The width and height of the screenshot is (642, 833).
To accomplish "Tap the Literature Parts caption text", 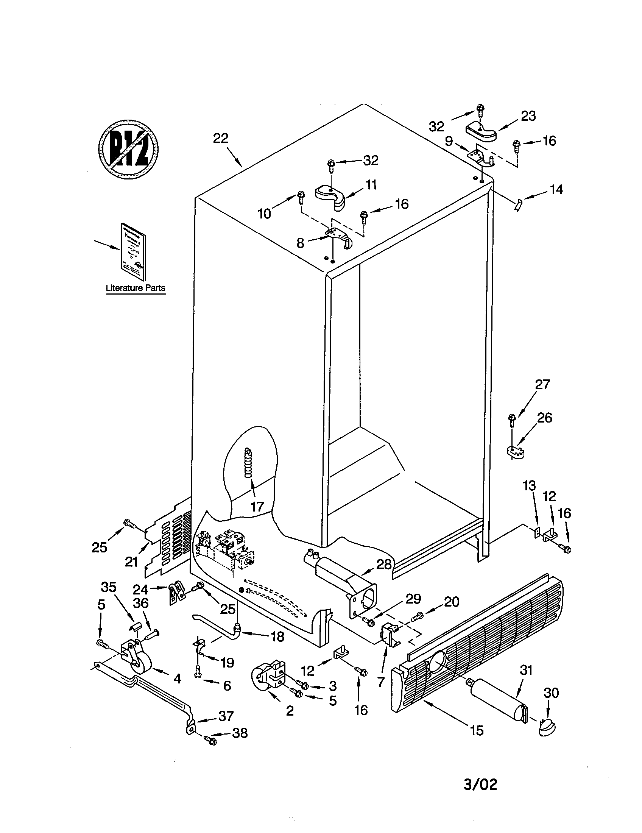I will pos(136,288).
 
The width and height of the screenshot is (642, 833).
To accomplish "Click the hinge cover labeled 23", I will pos(481,132).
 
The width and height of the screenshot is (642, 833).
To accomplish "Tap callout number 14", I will pos(556,190).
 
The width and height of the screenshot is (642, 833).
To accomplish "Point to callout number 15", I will pos(477,730).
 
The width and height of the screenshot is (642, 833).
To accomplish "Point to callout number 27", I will pos(542,384).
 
